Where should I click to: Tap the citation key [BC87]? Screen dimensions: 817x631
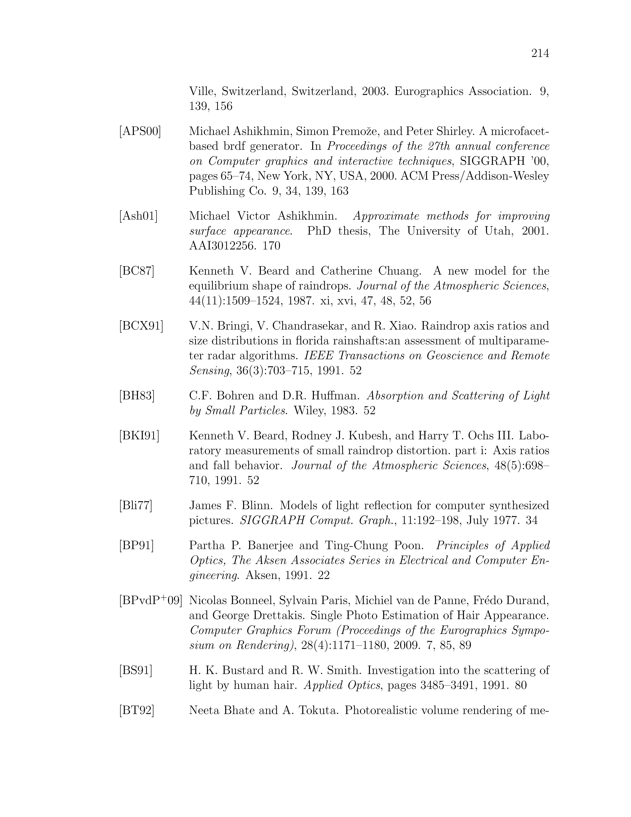click(x=137, y=271)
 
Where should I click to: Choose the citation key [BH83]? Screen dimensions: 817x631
click(x=137, y=396)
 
